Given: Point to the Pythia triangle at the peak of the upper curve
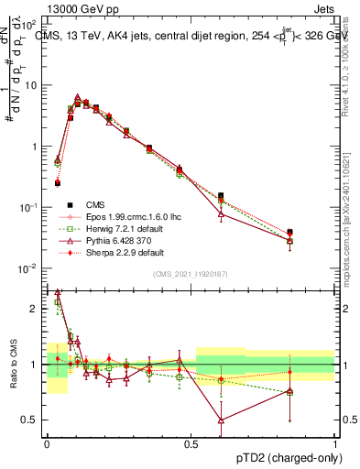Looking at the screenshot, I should point(78,97).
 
